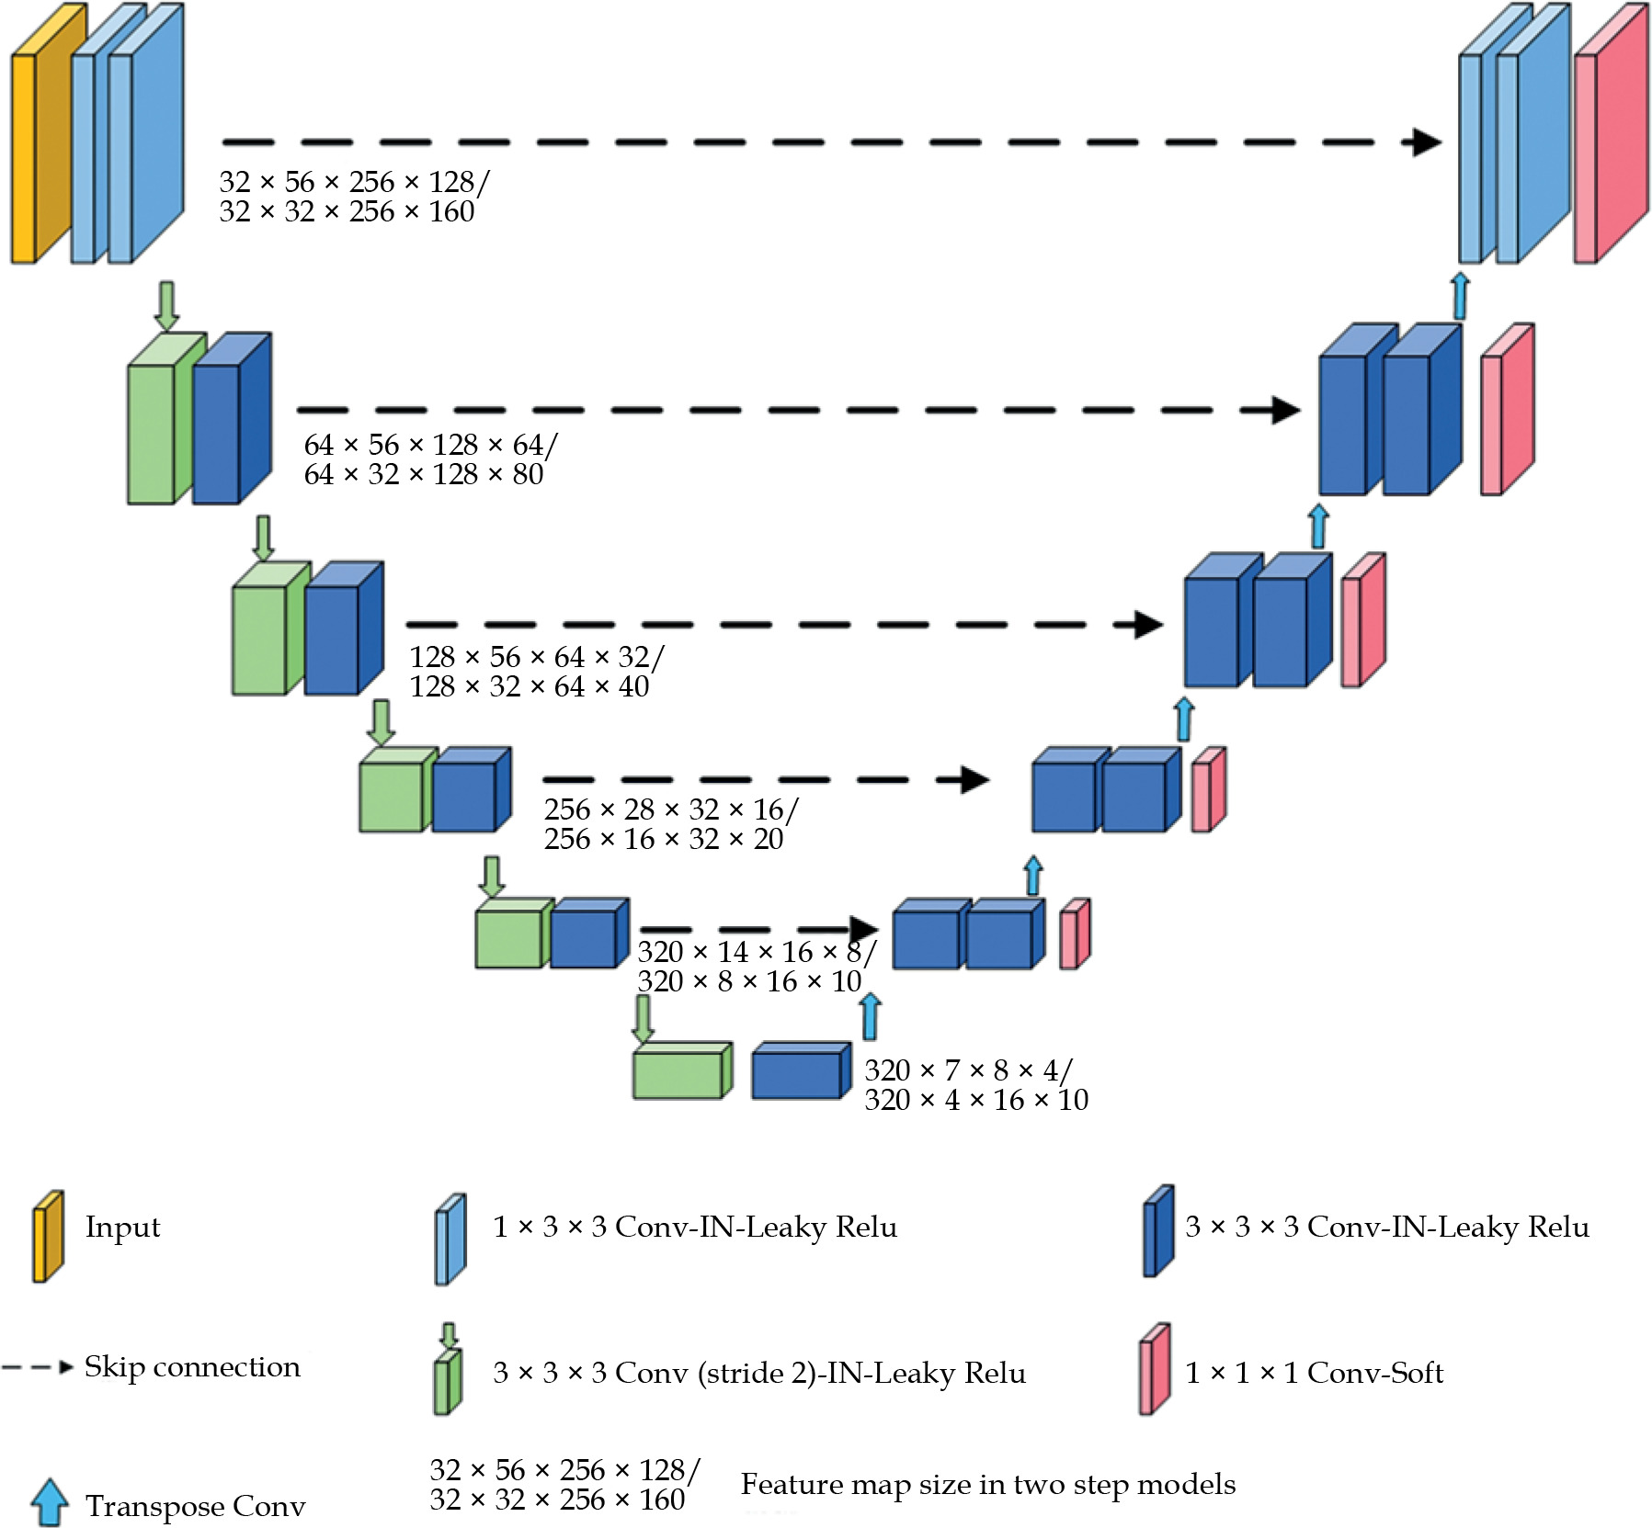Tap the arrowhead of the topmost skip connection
click(x=1425, y=142)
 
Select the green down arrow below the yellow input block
click(x=166, y=306)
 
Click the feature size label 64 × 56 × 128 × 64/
click(x=430, y=446)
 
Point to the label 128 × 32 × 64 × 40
click(x=529, y=687)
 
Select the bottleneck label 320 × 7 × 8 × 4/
click(x=968, y=1070)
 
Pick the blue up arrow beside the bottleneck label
click(x=870, y=1016)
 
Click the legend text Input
click(x=122, y=1228)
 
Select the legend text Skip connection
click(x=192, y=1367)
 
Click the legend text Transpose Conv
click(x=195, y=1507)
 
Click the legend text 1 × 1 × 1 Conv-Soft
click(x=1314, y=1373)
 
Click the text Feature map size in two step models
click(x=988, y=1485)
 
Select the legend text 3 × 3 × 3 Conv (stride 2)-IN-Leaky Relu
click(x=759, y=1373)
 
